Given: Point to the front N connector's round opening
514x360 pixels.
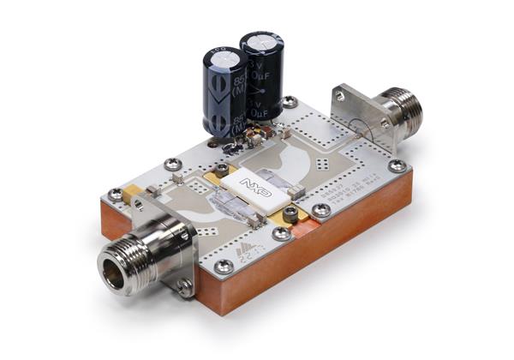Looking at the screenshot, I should (x=119, y=271).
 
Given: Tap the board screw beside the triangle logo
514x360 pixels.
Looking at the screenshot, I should (x=224, y=267).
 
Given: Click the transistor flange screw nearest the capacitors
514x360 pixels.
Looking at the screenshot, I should (x=222, y=169).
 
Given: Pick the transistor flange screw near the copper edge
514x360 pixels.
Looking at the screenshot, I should (x=291, y=212).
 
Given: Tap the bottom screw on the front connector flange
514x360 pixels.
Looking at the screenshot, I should (x=184, y=288).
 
